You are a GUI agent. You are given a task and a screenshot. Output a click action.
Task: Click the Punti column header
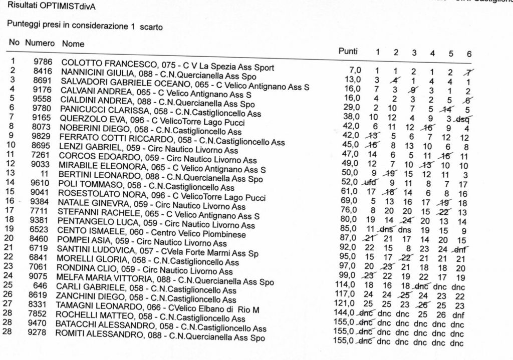tap(348, 51)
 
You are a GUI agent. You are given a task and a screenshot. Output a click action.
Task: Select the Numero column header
tap(40, 43)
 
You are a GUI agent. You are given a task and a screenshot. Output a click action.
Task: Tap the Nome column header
tap(73, 44)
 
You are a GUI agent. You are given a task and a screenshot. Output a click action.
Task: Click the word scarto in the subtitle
tap(151, 27)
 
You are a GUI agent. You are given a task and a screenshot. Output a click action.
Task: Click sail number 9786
tap(43, 62)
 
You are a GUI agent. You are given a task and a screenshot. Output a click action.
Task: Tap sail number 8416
tap(43, 71)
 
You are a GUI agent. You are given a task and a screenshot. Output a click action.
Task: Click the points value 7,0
tap(355, 70)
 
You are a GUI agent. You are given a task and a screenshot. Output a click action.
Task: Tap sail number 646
tap(40, 286)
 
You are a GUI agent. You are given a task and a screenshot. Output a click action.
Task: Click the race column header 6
tap(468, 54)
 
